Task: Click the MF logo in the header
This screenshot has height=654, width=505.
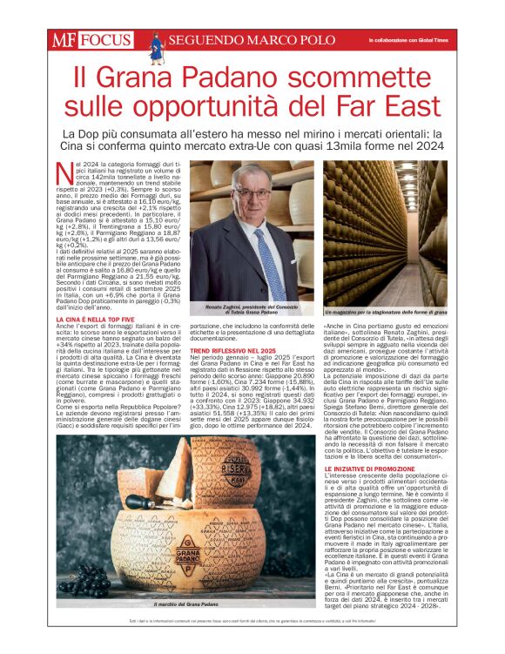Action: coord(65,39)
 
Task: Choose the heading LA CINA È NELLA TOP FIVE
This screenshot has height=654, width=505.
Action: coord(91,321)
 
